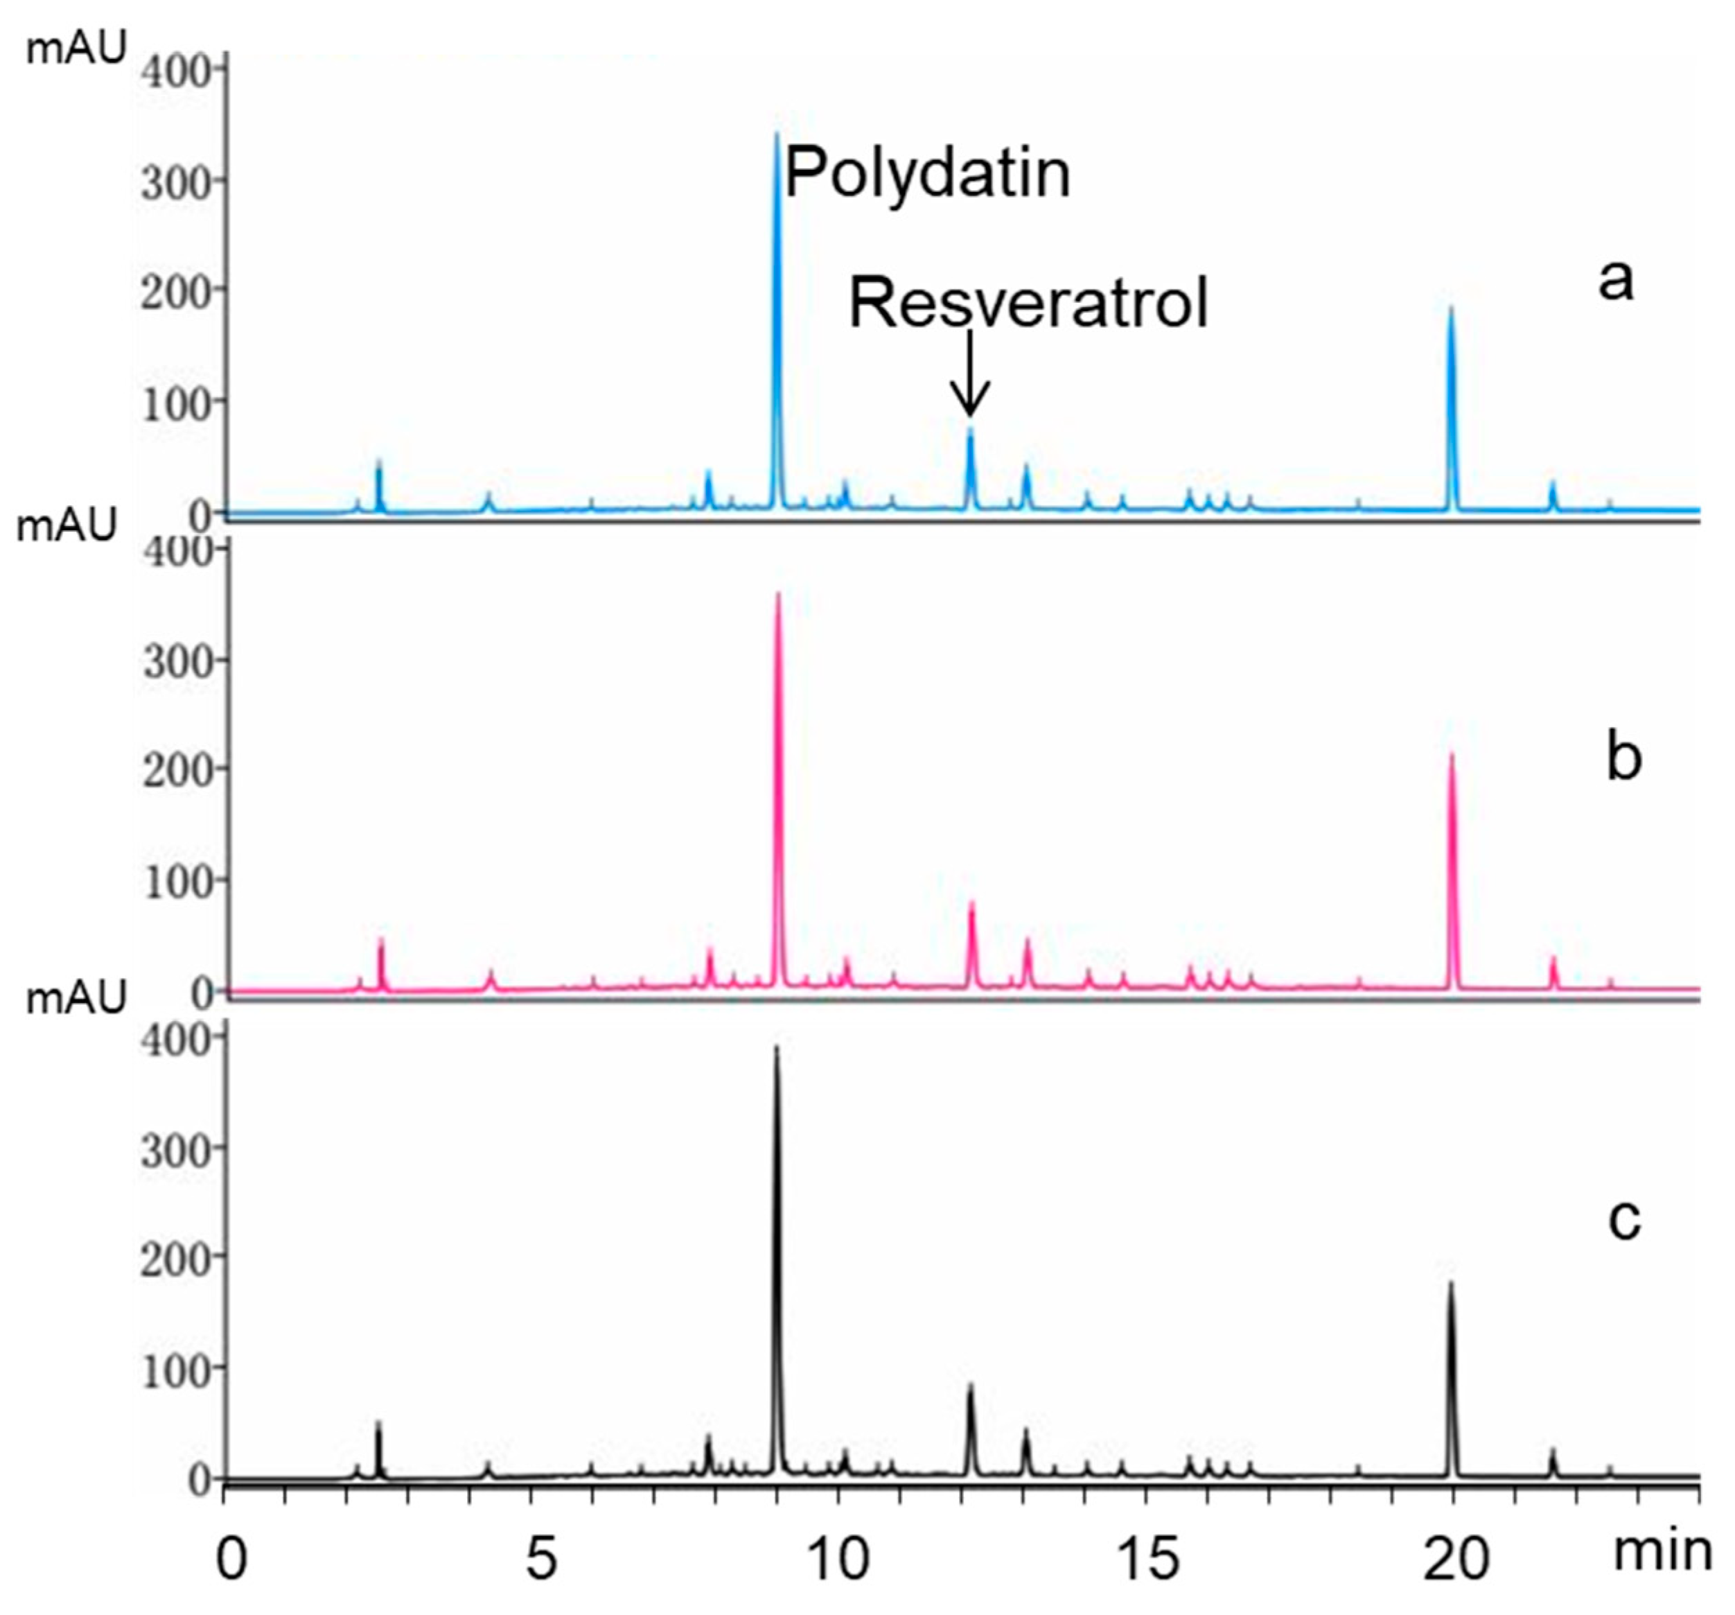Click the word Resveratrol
(x=1028, y=304)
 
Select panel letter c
(x=1623, y=1221)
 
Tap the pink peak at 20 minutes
(x=1452, y=755)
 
